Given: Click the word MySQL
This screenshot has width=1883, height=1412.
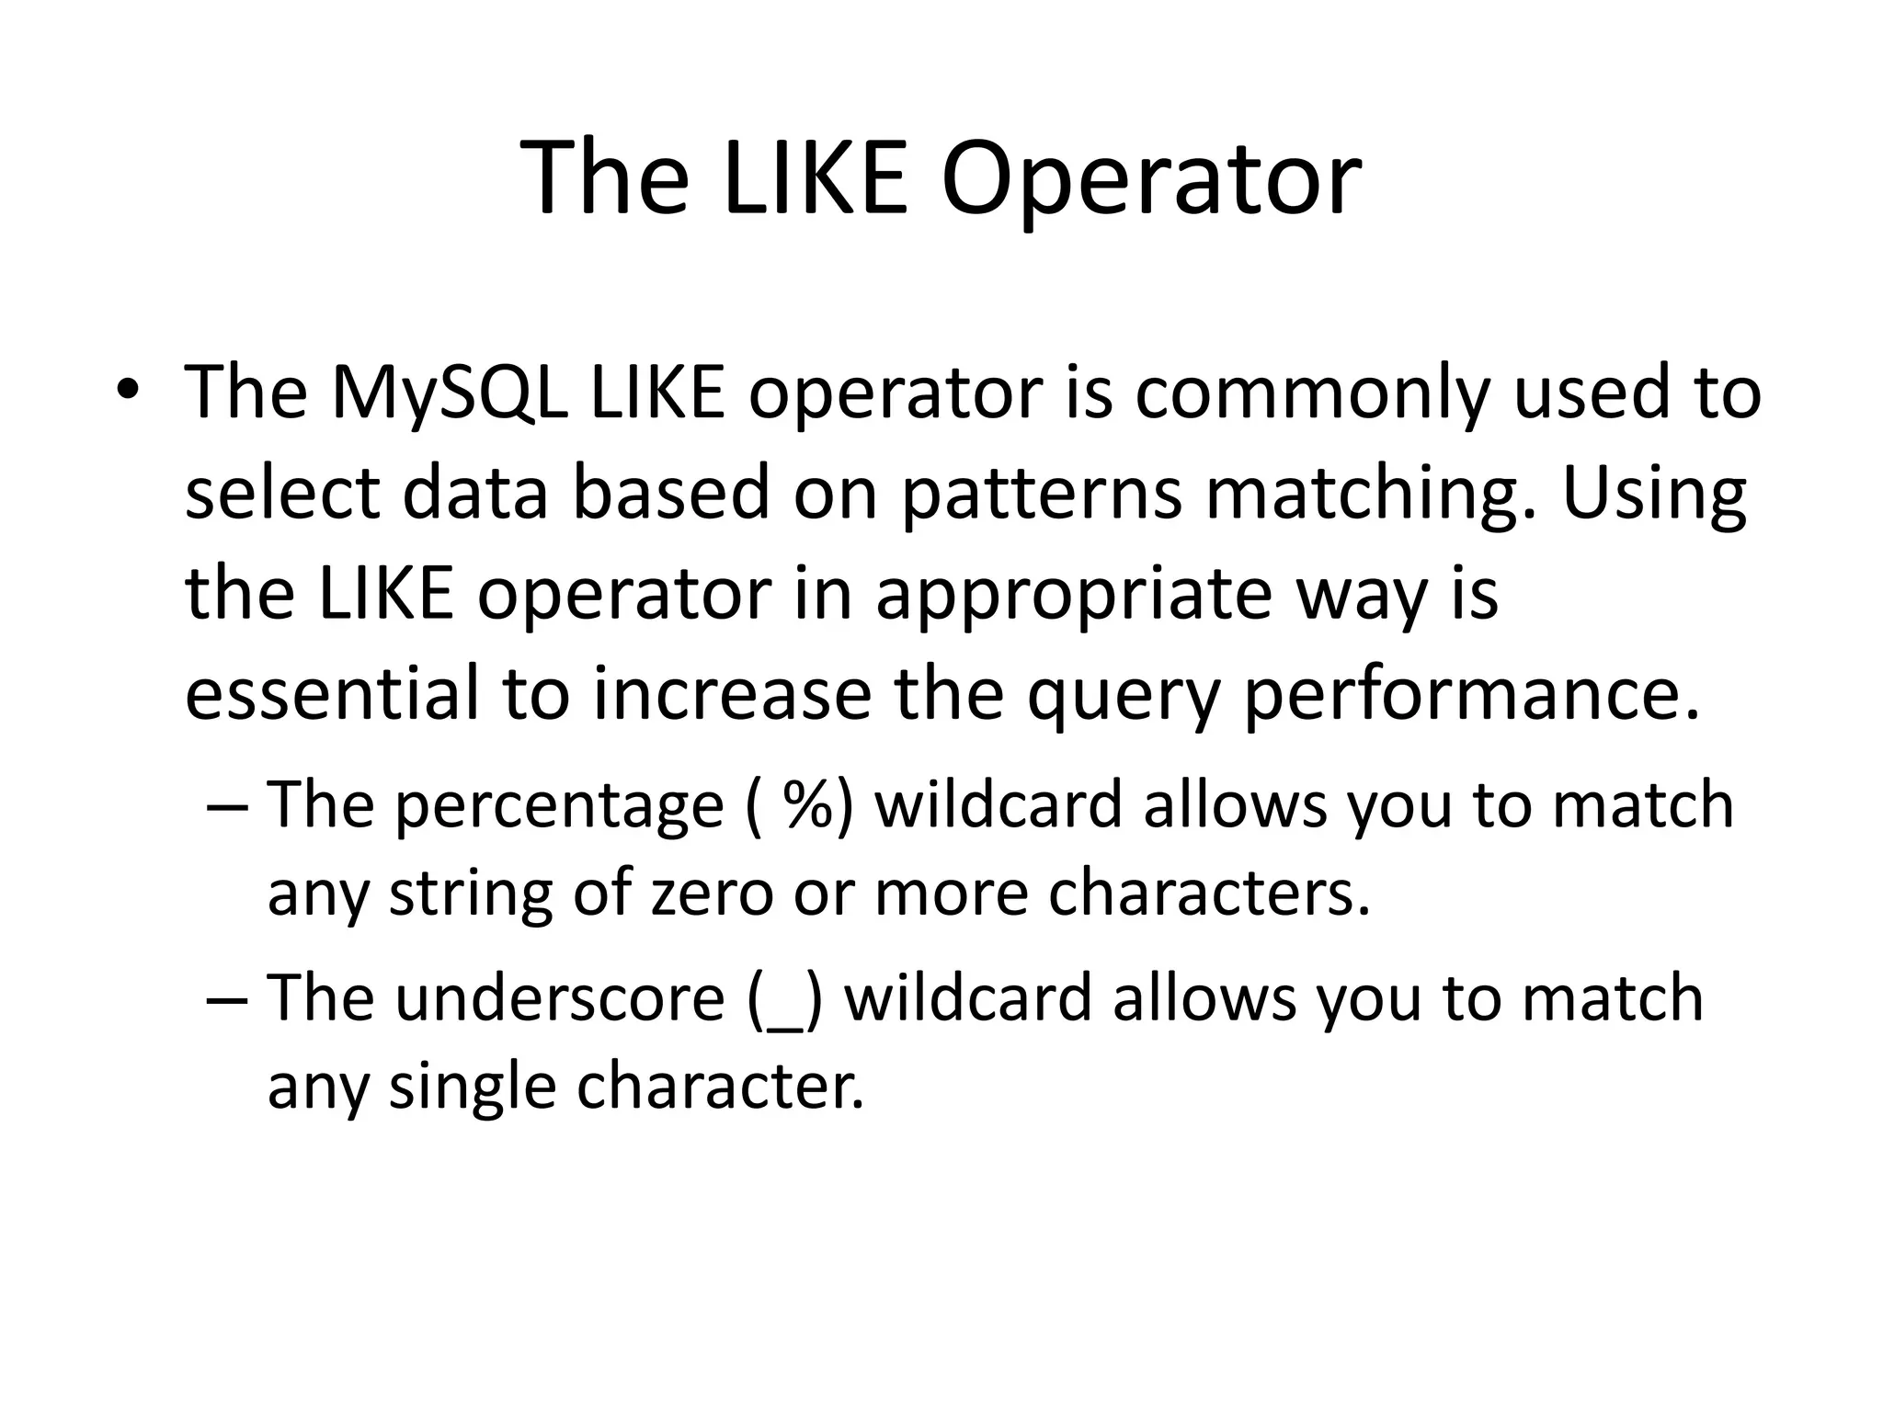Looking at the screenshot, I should (x=451, y=393).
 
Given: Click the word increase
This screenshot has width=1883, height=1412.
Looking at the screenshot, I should (x=731, y=694).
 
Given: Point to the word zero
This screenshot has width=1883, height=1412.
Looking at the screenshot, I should (x=712, y=894).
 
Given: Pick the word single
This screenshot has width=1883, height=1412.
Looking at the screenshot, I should (x=472, y=1087).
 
